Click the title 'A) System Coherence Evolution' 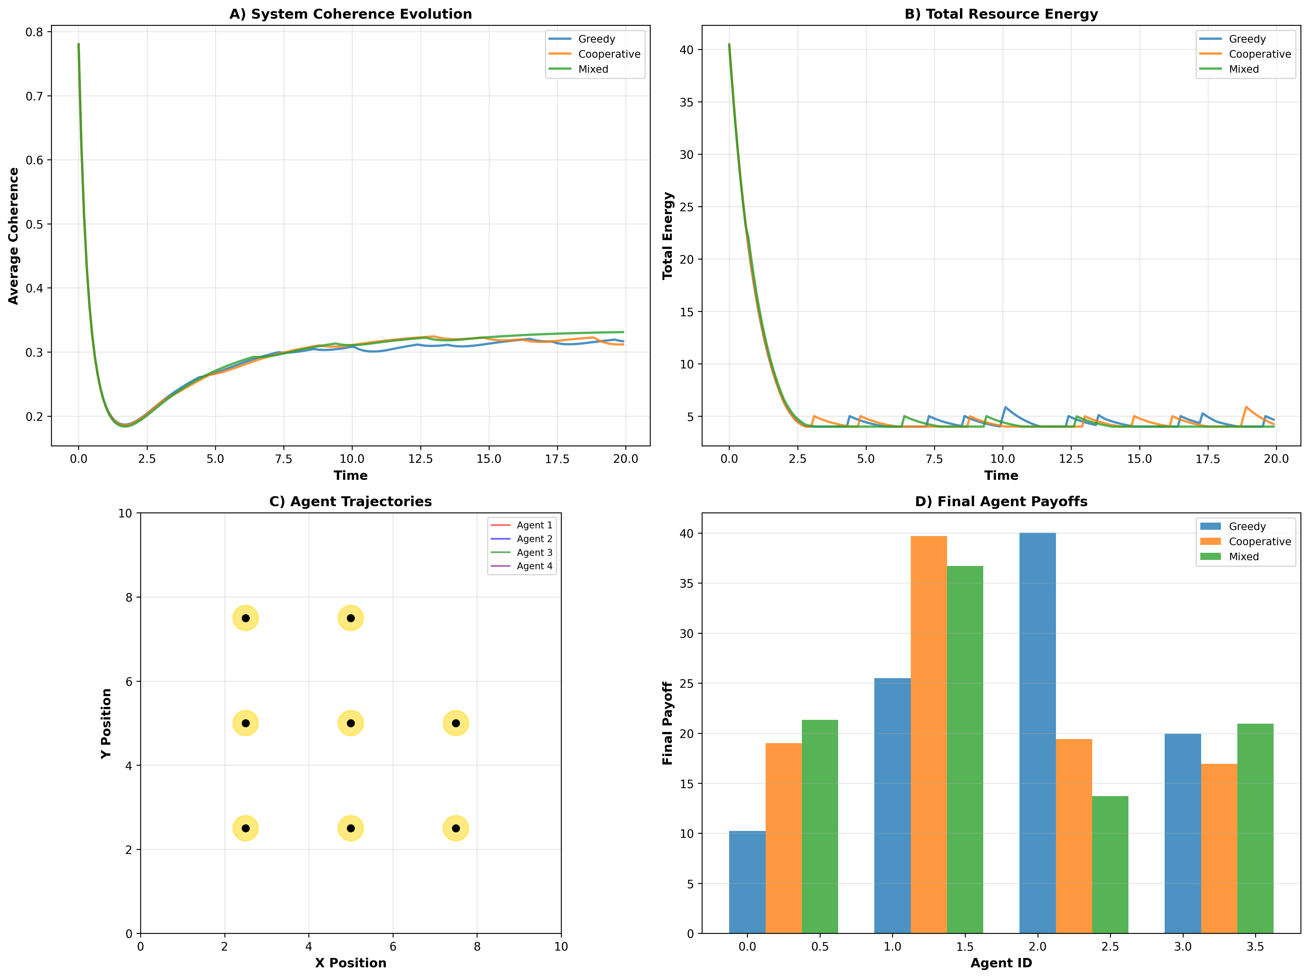click(x=350, y=14)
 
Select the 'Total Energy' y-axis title click(x=667, y=235)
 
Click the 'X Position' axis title click(x=350, y=963)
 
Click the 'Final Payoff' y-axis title click(x=667, y=723)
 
